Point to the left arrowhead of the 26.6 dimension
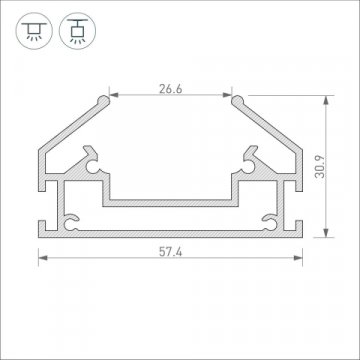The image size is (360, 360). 112,96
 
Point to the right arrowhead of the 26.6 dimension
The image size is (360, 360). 229,96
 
